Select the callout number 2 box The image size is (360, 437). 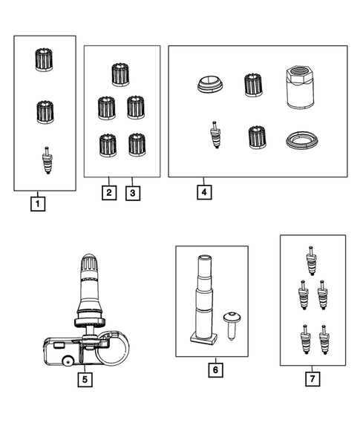point(108,192)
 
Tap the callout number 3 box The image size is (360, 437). point(132,192)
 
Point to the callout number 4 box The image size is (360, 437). point(203,191)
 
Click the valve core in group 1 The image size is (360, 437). point(46,161)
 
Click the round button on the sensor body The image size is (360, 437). point(68,364)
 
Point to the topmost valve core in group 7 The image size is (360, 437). point(312,260)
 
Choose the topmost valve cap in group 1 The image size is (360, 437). point(46,60)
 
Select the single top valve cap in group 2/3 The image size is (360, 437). point(120,74)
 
